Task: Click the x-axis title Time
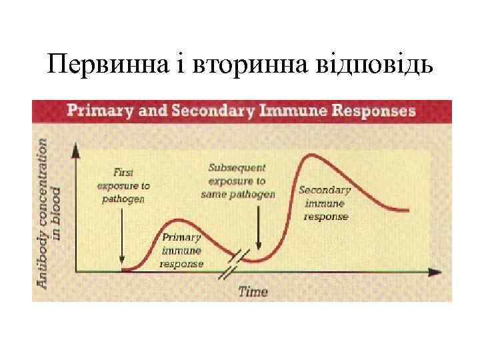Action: (253, 291)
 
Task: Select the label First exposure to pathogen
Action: (124, 185)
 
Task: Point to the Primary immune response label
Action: (181, 251)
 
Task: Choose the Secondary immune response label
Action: (325, 203)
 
